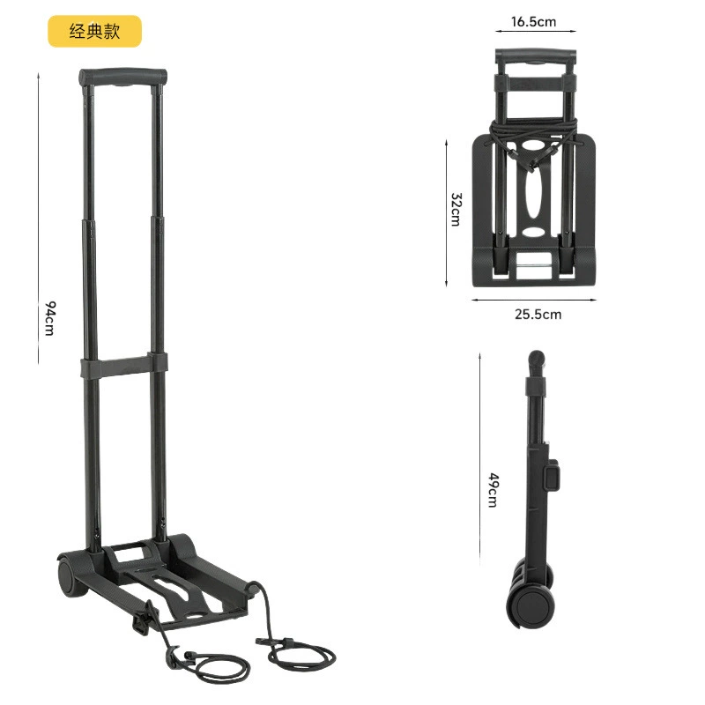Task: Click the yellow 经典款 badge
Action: click(x=95, y=31)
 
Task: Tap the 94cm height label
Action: click(x=50, y=318)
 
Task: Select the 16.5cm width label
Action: click(x=533, y=21)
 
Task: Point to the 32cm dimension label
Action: click(x=456, y=209)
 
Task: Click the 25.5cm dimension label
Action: click(x=538, y=314)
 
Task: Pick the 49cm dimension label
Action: click(x=493, y=490)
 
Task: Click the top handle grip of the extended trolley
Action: click(x=122, y=77)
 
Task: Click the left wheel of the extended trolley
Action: click(x=69, y=577)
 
